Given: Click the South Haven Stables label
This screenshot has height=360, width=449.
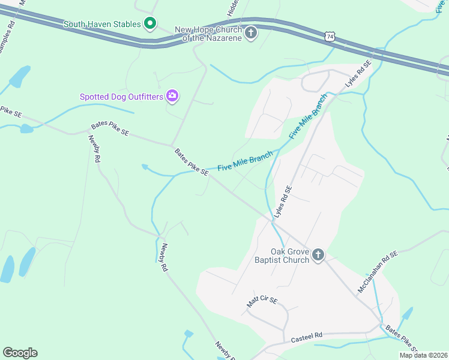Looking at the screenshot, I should click(x=103, y=24).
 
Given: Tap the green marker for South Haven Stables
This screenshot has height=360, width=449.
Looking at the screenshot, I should click(x=150, y=24).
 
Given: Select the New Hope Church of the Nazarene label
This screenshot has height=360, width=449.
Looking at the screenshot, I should click(x=208, y=34).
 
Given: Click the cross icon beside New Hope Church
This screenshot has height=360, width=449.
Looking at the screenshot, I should click(x=251, y=33).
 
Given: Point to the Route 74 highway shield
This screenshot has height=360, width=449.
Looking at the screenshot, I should click(x=329, y=37).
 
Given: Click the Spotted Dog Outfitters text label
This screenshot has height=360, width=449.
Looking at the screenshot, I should click(x=121, y=96).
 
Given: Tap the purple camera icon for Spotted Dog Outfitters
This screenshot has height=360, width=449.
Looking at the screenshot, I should click(x=172, y=95).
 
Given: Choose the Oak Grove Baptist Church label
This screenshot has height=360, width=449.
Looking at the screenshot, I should click(x=282, y=256).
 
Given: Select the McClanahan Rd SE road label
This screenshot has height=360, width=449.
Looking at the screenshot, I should click(x=378, y=271).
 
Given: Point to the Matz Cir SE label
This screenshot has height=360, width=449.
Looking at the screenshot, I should click(x=262, y=302).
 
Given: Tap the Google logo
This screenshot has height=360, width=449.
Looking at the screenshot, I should click(x=20, y=353).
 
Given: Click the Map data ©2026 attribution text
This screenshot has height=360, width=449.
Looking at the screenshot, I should click(x=423, y=355).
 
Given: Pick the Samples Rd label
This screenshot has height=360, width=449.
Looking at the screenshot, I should click(x=7, y=37).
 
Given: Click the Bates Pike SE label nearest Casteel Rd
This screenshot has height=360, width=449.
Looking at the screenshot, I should click(x=400, y=339).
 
